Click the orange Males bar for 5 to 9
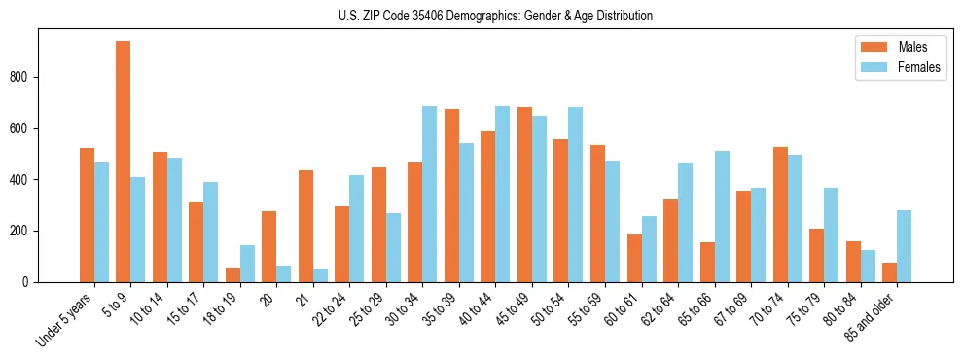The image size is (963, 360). click(124, 162)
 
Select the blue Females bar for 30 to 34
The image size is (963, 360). click(430, 195)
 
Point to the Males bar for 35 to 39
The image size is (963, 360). click(451, 196)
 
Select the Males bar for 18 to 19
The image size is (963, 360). click(232, 275)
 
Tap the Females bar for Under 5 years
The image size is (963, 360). click(101, 223)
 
